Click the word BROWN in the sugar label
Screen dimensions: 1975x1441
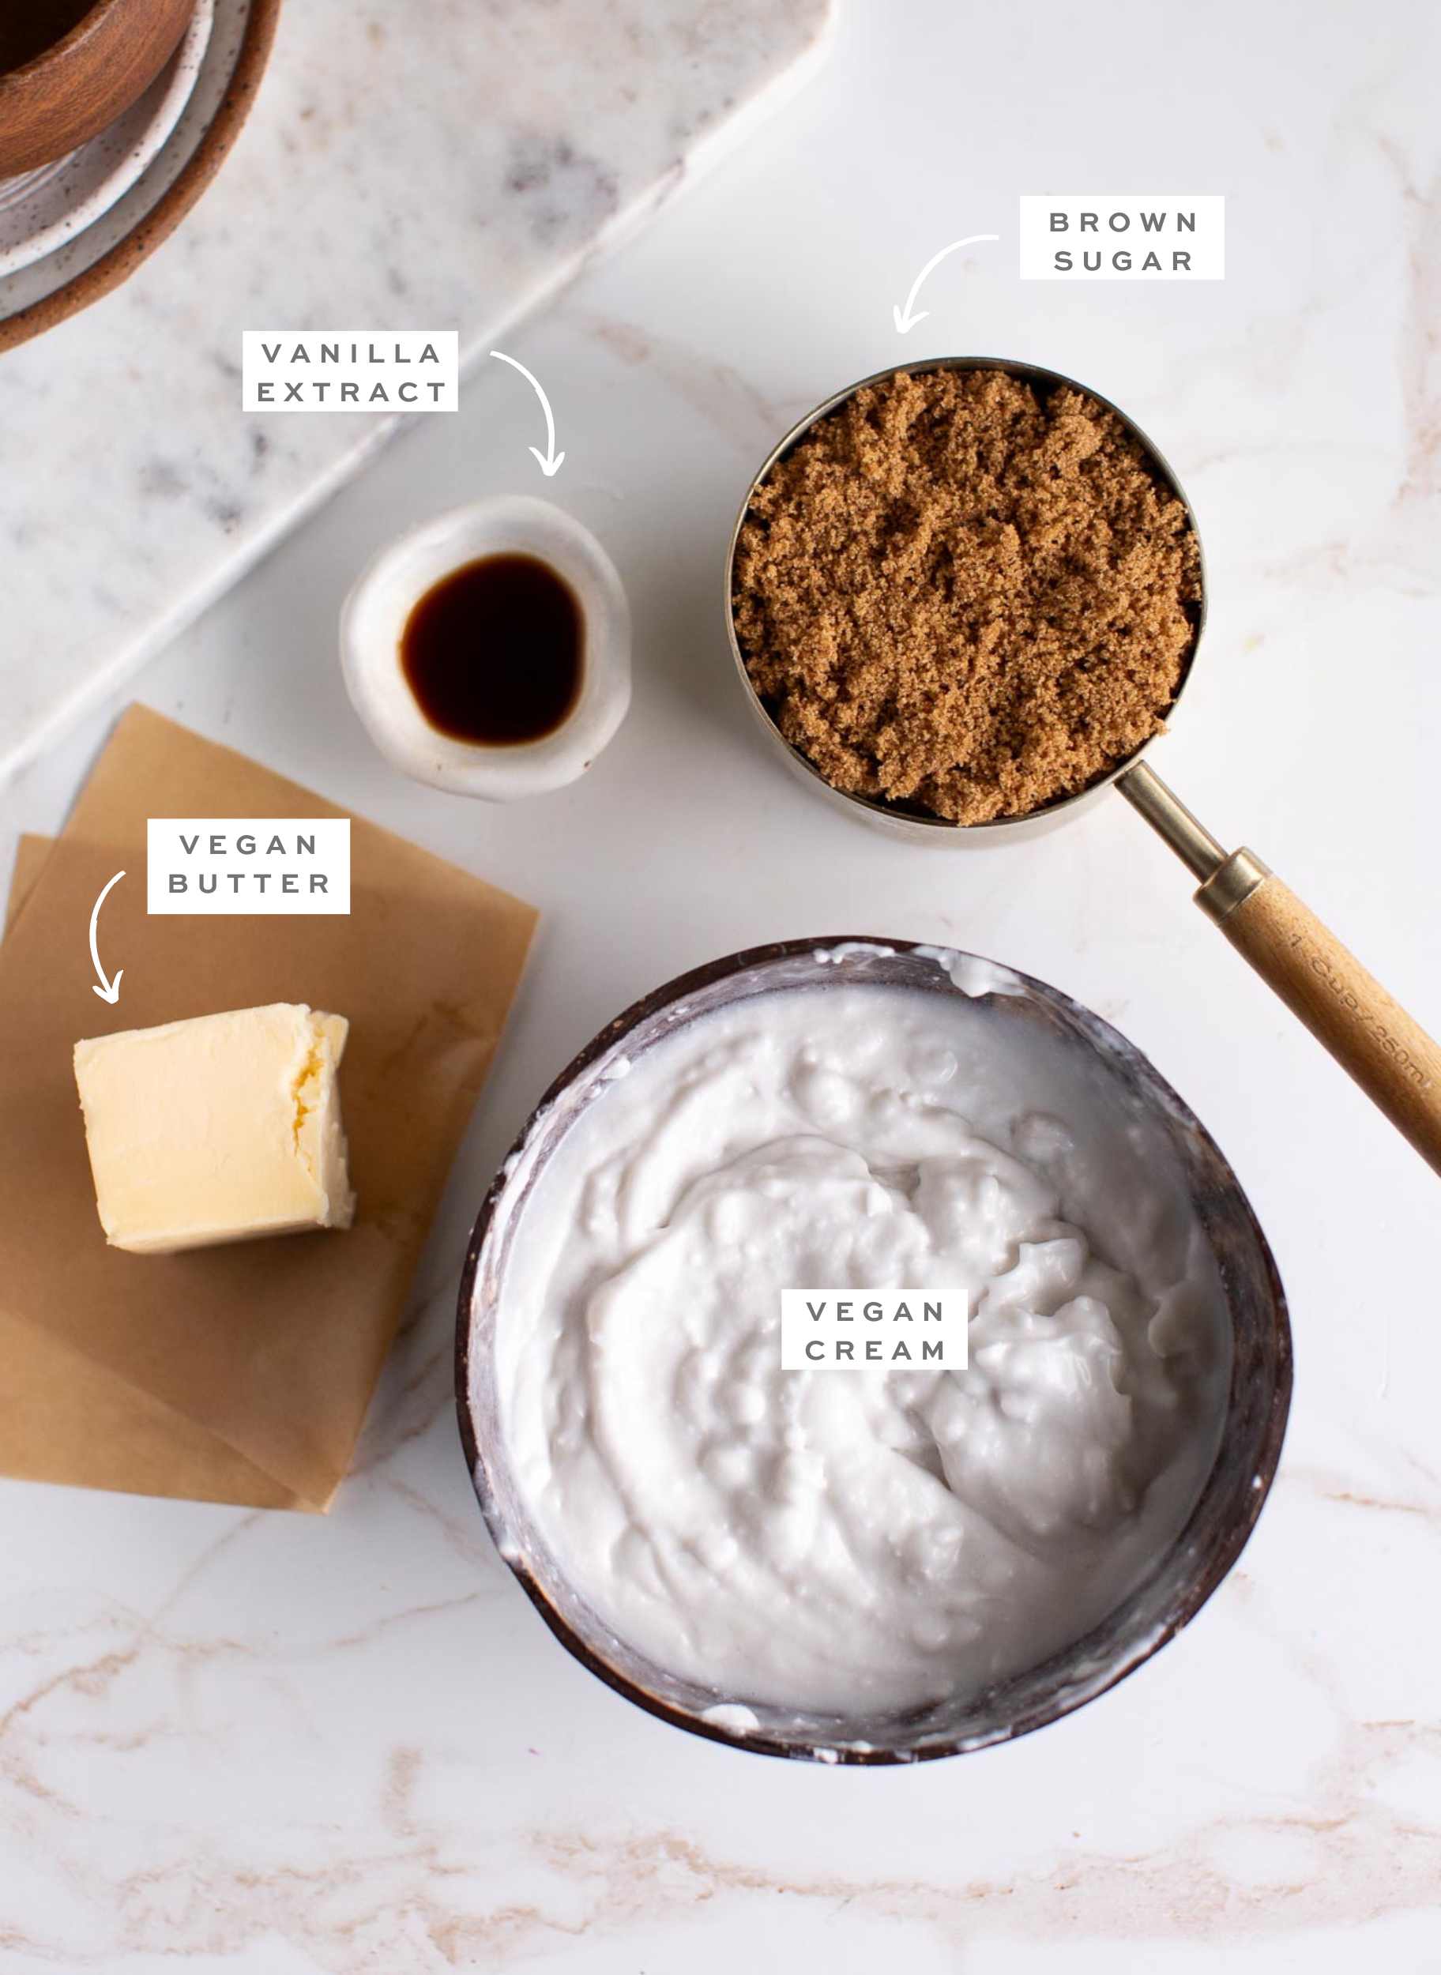click(1123, 223)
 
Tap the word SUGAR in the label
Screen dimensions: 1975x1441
click(1123, 261)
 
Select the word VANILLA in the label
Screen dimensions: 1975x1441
click(352, 353)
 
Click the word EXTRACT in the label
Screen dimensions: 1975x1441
click(352, 393)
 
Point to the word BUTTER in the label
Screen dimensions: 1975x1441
click(250, 884)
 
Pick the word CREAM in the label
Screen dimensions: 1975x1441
click(875, 1350)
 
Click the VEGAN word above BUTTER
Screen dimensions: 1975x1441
click(250, 845)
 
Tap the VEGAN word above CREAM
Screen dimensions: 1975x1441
click(875, 1311)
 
